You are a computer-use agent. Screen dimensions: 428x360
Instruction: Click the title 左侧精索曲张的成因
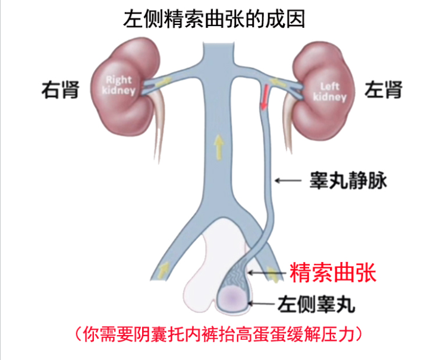[214, 20]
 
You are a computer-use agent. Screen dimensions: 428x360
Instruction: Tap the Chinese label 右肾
[60, 90]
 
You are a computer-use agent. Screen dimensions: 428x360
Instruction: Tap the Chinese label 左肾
[383, 90]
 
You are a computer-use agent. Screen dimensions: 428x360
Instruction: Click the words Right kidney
[119, 85]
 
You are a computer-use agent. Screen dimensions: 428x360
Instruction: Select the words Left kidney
[330, 92]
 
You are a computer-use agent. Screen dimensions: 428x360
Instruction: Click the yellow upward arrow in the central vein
[219, 147]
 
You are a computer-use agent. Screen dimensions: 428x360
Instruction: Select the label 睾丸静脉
[348, 181]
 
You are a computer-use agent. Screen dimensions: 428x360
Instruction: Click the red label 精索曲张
[333, 272]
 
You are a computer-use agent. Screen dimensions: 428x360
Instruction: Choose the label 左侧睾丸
[316, 304]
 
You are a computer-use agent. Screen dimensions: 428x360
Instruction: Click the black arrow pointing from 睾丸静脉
[288, 181]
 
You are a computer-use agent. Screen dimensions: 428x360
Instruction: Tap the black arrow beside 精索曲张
[267, 272]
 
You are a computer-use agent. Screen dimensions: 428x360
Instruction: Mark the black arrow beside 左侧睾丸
[261, 304]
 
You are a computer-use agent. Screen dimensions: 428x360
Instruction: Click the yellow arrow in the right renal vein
[163, 81]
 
